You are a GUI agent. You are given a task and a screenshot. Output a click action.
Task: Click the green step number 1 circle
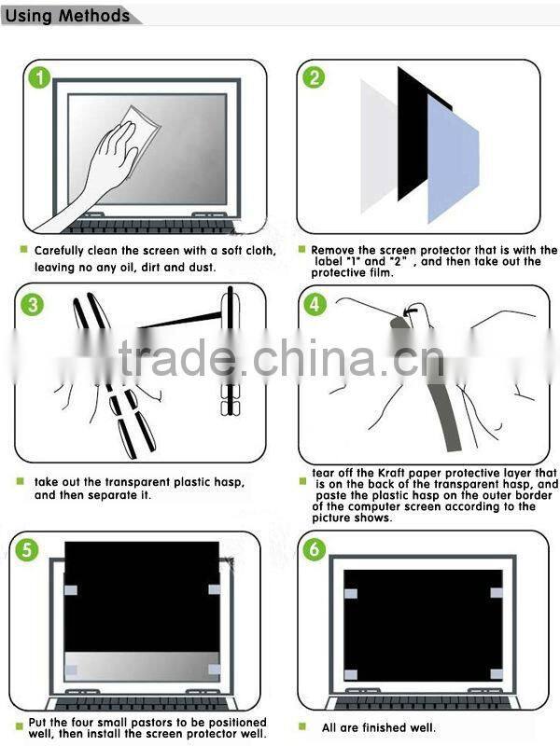[37, 78]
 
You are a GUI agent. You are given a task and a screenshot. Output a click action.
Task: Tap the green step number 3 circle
[35, 305]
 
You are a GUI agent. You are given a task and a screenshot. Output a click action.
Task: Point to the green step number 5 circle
[30, 550]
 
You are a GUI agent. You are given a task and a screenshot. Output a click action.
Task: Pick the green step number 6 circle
[315, 549]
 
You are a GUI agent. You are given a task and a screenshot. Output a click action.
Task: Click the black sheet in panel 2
[411, 131]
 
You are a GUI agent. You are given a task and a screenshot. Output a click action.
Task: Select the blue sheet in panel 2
[453, 159]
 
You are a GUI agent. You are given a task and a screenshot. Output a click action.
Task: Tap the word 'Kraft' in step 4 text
[396, 473]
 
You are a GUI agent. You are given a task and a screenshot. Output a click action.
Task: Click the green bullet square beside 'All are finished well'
[302, 726]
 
